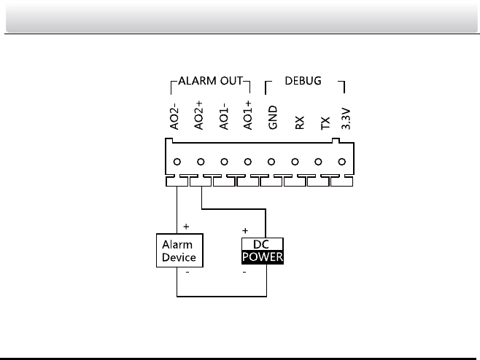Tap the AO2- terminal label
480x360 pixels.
coord(175,117)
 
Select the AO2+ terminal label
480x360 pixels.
coord(199,117)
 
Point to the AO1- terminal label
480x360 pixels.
coord(224,117)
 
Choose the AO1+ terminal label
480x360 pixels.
coord(248,117)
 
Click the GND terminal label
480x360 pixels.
coord(272,119)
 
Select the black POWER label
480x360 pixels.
coord(263,258)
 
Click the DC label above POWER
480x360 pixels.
coord(263,246)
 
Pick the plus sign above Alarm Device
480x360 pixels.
coord(187,227)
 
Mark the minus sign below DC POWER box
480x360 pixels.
coord(244,273)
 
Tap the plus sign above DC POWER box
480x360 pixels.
coord(245,230)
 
